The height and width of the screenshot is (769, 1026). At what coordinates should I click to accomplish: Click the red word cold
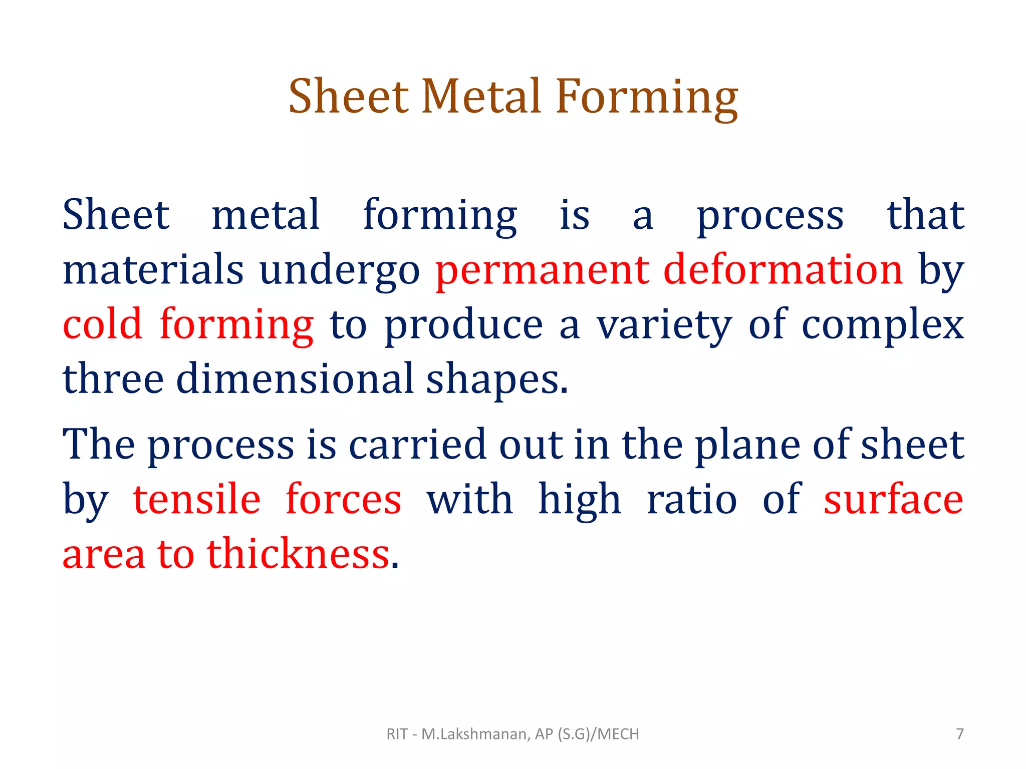click(x=103, y=325)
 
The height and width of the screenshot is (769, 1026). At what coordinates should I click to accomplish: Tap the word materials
click(x=153, y=270)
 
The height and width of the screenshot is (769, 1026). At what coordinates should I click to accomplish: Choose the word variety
click(x=664, y=325)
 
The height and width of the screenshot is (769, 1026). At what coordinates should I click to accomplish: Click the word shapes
click(x=497, y=379)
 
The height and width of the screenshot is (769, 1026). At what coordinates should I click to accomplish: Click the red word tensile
click(x=197, y=499)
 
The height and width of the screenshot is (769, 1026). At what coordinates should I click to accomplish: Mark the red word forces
click(x=344, y=499)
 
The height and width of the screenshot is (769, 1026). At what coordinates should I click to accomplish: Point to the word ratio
click(x=692, y=499)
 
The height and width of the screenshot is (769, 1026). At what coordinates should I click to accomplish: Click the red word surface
click(x=893, y=499)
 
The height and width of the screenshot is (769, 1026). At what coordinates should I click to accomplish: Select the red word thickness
click(x=299, y=554)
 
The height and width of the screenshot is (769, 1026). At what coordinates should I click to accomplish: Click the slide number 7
click(x=960, y=734)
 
